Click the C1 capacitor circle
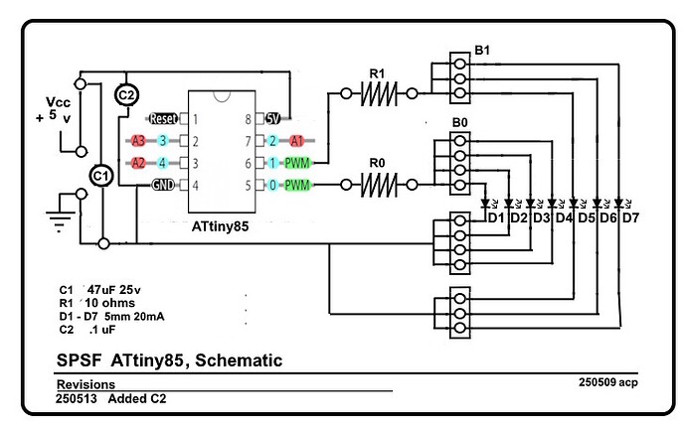coord(99,175)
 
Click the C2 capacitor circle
coord(126,94)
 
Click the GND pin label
coord(163,185)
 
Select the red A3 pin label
coord(138,141)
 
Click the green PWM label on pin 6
coord(297,163)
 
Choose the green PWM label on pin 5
coord(297,185)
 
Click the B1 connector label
coord(482,49)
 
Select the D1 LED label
coord(495,217)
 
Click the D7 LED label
coord(631,217)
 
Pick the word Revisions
coord(86,384)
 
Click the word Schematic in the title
coord(236,359)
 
